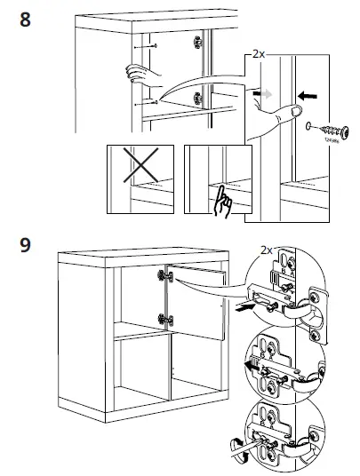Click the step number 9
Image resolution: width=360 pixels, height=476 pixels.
(27, 244)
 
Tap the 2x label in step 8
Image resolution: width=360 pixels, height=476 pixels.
(259, 54)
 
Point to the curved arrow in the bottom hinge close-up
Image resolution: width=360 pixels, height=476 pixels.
(238, 447)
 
